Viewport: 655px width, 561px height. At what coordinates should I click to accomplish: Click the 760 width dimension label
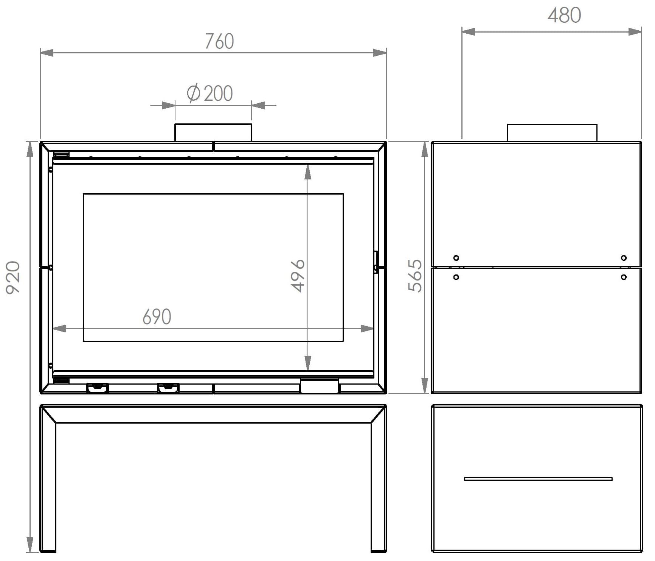[219, 41]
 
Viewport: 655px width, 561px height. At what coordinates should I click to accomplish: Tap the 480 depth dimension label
[564, 16]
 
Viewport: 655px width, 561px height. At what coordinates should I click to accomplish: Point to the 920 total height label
[13, 277]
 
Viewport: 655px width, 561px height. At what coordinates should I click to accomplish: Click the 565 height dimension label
[415, 276]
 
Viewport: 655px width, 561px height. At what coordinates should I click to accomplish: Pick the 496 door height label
[298, 276]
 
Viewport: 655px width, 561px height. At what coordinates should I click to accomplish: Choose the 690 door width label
[157, 317]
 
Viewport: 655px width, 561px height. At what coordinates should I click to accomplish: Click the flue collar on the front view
[213, 132]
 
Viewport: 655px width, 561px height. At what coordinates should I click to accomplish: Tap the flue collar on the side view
[552, 132]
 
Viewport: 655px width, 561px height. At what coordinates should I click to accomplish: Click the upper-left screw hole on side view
[456, 258]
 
